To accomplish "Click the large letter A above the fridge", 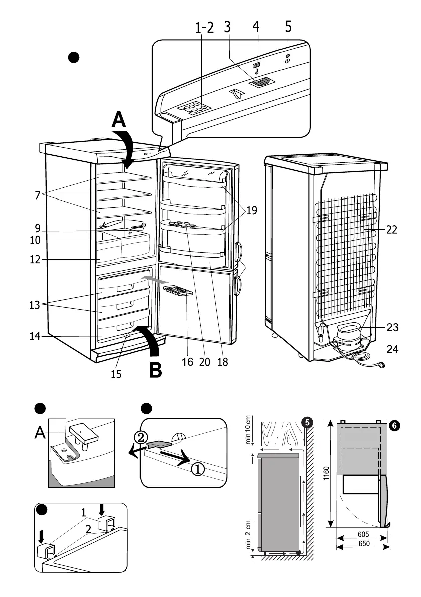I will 118,119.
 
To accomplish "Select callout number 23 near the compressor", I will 393,328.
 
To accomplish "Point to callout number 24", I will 393,349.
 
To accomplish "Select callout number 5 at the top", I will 288,27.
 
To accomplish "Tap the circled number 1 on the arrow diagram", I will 198,469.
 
